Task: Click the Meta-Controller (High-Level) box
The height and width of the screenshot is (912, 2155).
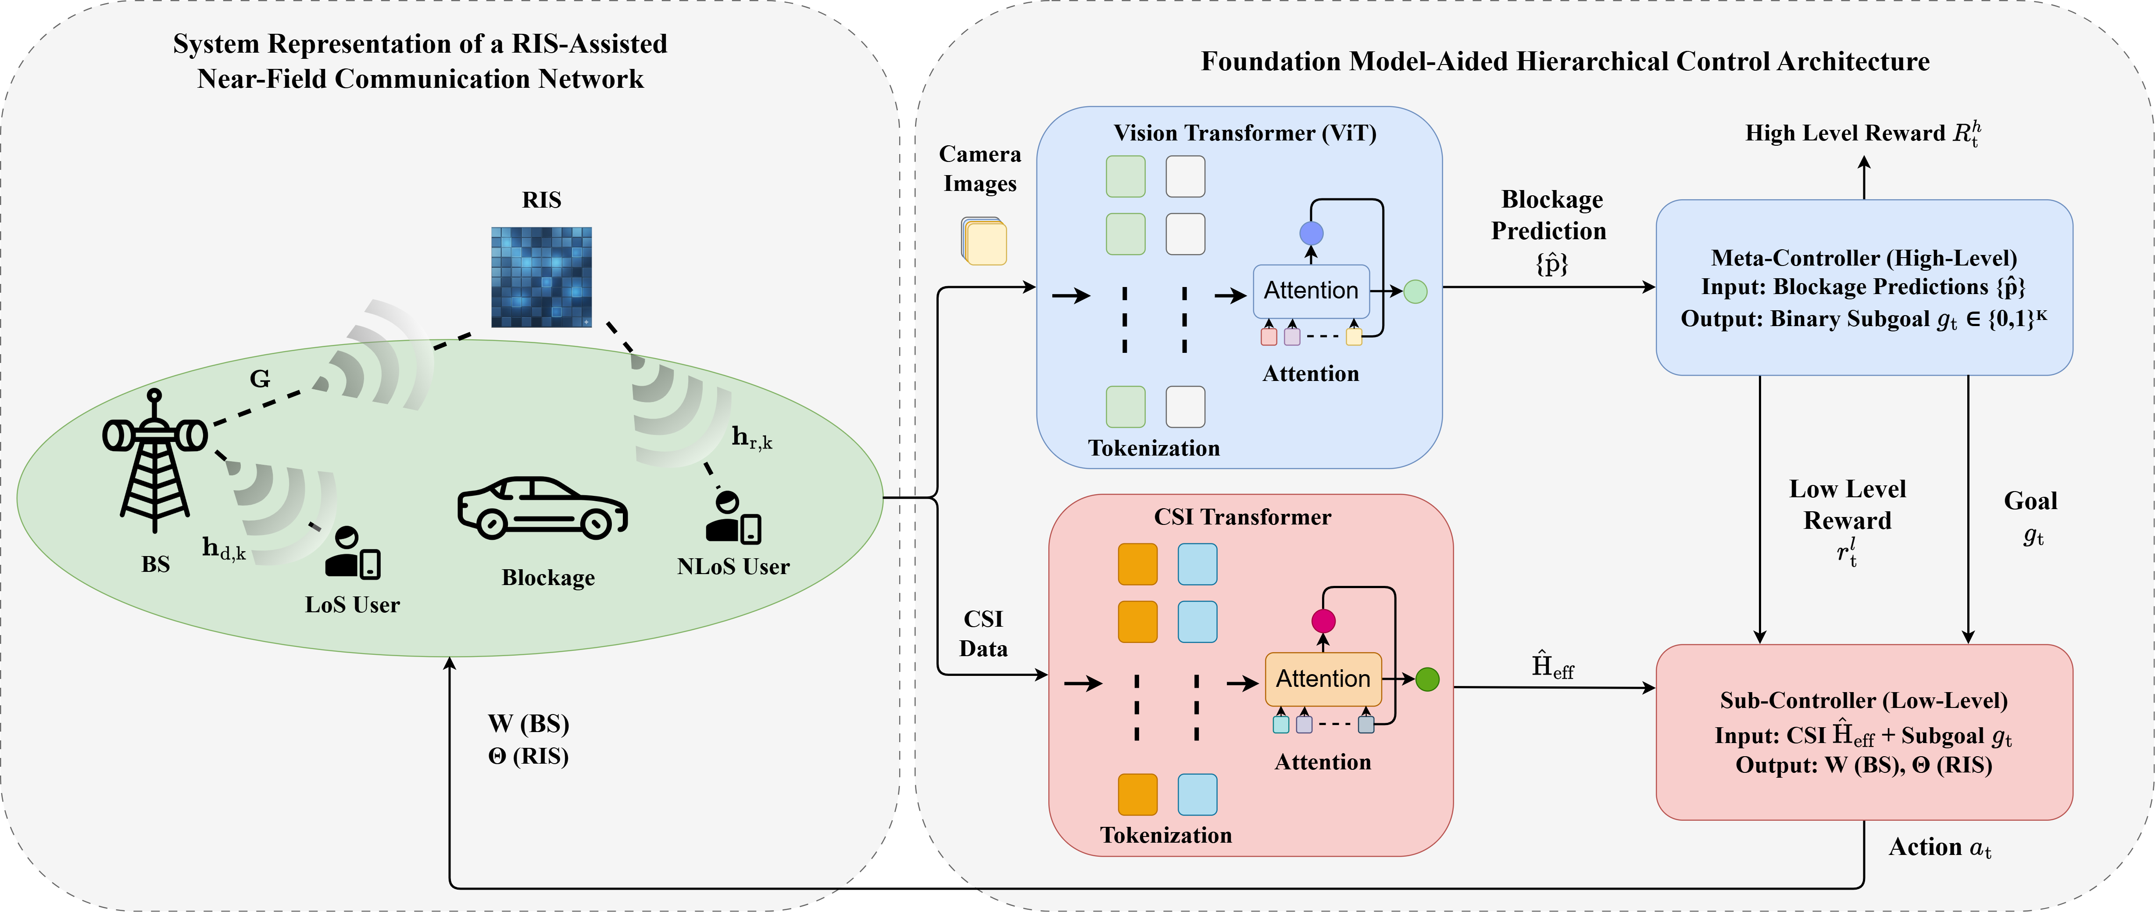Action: coord(1864,287)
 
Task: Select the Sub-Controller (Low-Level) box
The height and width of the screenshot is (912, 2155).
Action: coord(1864,732)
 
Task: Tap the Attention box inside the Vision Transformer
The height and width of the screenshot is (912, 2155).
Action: coord(1311,291)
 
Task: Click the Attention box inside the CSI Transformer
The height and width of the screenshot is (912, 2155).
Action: coord(1322,679)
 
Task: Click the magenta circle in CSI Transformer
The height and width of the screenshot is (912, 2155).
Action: coord(1322,621)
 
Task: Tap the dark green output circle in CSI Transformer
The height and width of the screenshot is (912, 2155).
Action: coord(1427,679)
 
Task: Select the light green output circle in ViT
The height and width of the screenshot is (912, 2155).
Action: coord(1415,291)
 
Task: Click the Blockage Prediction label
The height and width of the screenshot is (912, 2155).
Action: coord(1550,230)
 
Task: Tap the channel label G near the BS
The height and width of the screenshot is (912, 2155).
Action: coord(260,379)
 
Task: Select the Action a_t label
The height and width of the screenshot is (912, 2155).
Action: coord(1939,847)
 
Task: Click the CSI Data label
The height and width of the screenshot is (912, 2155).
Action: coord(983,633)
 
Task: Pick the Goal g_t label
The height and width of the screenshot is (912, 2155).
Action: coord(2030,517)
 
